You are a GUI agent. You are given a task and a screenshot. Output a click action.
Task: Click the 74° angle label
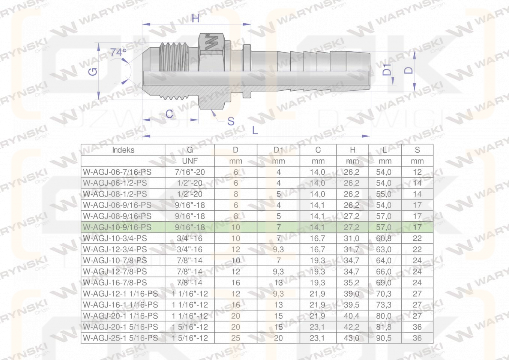tap(119, 53)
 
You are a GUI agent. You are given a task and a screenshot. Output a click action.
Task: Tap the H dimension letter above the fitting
tap(195, 18)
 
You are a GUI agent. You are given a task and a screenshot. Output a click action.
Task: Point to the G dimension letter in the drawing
tap(93, 72)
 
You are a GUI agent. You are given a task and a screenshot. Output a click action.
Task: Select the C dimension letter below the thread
tap(169, 114)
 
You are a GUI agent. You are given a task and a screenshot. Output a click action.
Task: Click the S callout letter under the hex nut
tap(231, 121)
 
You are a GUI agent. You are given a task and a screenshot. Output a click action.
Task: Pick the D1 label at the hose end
tap(387, 69)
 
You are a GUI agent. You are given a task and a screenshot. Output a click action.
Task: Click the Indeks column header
tap(123, 150)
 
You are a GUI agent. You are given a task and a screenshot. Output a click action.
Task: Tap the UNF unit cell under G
tap(190, 161)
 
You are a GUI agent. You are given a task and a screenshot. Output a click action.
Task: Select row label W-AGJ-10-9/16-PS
tap(117, 227)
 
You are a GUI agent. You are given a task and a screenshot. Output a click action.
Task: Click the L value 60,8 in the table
tap(384, 238)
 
